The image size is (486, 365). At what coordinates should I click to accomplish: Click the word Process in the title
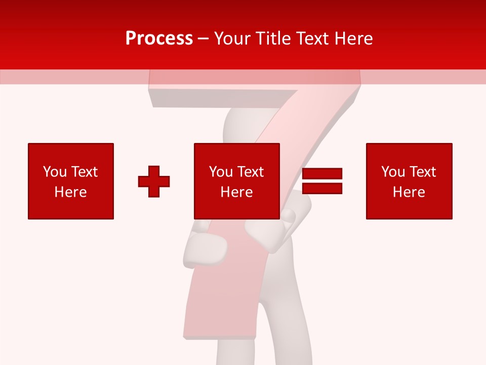(x=159, y=39)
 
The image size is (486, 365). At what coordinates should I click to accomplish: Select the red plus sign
(x=154, y=181)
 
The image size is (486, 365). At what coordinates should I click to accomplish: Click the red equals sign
(x=322, y=181)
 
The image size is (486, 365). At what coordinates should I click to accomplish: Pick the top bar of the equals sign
(x=322, y=174)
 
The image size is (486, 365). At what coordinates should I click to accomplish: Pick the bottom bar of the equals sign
(x=322, y=188)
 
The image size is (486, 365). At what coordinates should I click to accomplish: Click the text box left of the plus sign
(x=71, y=181)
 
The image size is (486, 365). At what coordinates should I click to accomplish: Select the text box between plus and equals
(x=237, y=181)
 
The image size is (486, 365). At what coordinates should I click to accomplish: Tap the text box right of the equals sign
(x=409, y=181)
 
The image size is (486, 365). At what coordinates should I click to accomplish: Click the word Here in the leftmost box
(x=71, y=192)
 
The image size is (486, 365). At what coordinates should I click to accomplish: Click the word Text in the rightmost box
(x=424, y=172)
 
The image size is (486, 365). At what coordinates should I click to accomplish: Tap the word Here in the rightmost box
(x=409, y=192)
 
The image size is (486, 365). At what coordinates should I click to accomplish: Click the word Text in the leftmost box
(x=86, y=172)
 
